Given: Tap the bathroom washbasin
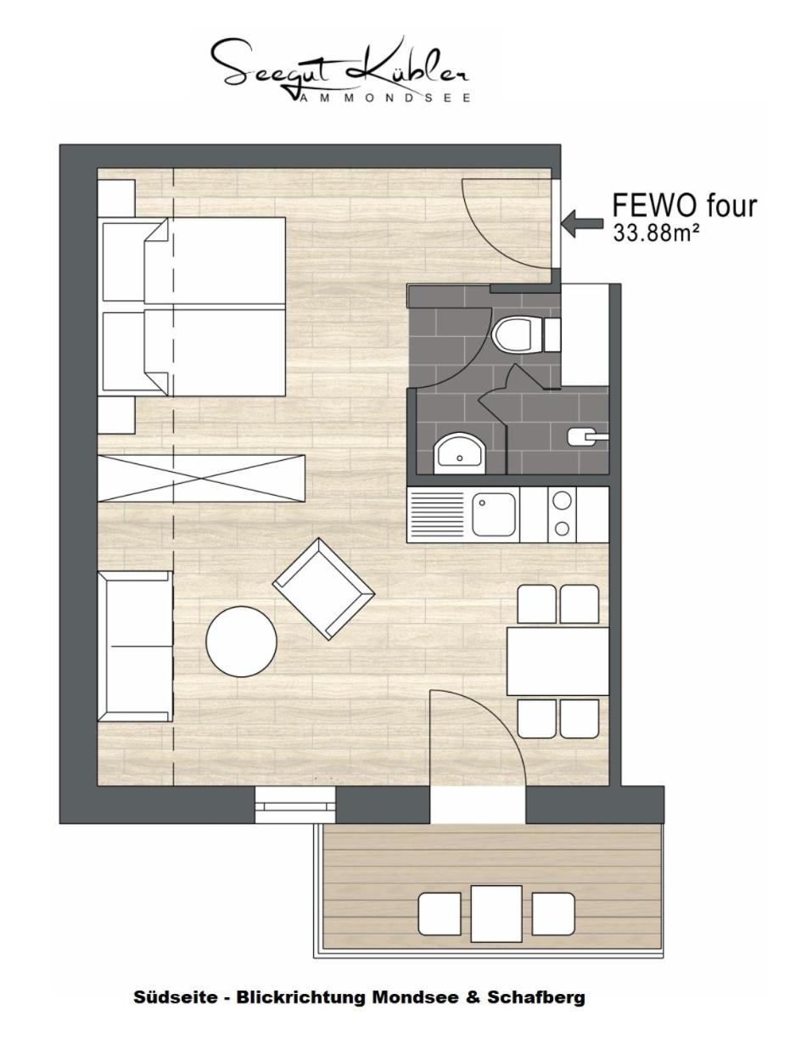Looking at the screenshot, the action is [459, 454].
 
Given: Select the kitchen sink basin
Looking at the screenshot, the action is [493, 514].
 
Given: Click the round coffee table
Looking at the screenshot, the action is [241, 641].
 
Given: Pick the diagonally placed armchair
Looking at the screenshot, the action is [323, 588].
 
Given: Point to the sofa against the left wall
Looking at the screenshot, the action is [135, 647].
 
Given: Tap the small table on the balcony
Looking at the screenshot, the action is [496, 912].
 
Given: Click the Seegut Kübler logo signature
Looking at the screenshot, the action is [339, 68].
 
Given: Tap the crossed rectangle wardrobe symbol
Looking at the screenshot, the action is [200, 478].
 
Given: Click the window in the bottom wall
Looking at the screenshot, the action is [294, 804].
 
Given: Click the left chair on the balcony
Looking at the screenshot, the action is [440, 913].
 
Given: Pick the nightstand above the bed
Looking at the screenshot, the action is [116, 198].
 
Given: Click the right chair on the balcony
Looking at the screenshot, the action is [552, 913].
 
